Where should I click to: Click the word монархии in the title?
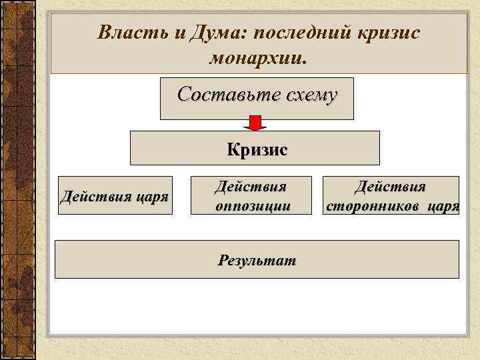click(x=257, y=59)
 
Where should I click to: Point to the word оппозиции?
click(x=253, y=206)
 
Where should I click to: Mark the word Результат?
click(x=257, y=259)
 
